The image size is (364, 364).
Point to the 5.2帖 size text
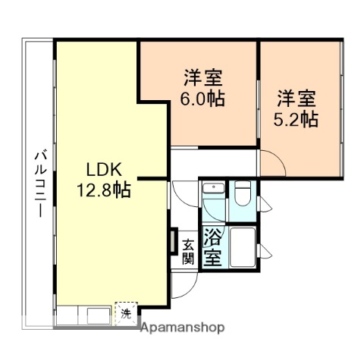[295, 119]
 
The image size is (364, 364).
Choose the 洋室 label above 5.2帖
[296, 99]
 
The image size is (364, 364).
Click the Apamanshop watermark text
[184, 328]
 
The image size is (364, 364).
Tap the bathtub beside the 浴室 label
[243, 246]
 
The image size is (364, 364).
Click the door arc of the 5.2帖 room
[274, 163]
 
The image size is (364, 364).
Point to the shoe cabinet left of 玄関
[174, 243]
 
